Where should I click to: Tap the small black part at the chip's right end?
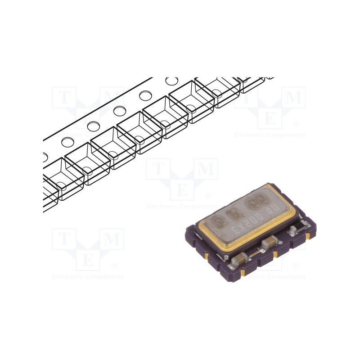click(293, 231)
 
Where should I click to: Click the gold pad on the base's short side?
click(206, 256)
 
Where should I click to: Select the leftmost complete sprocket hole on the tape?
click(68, 142)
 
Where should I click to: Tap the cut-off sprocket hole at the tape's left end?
click(45, 157)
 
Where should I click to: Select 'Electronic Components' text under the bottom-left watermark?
click(88, 277)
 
